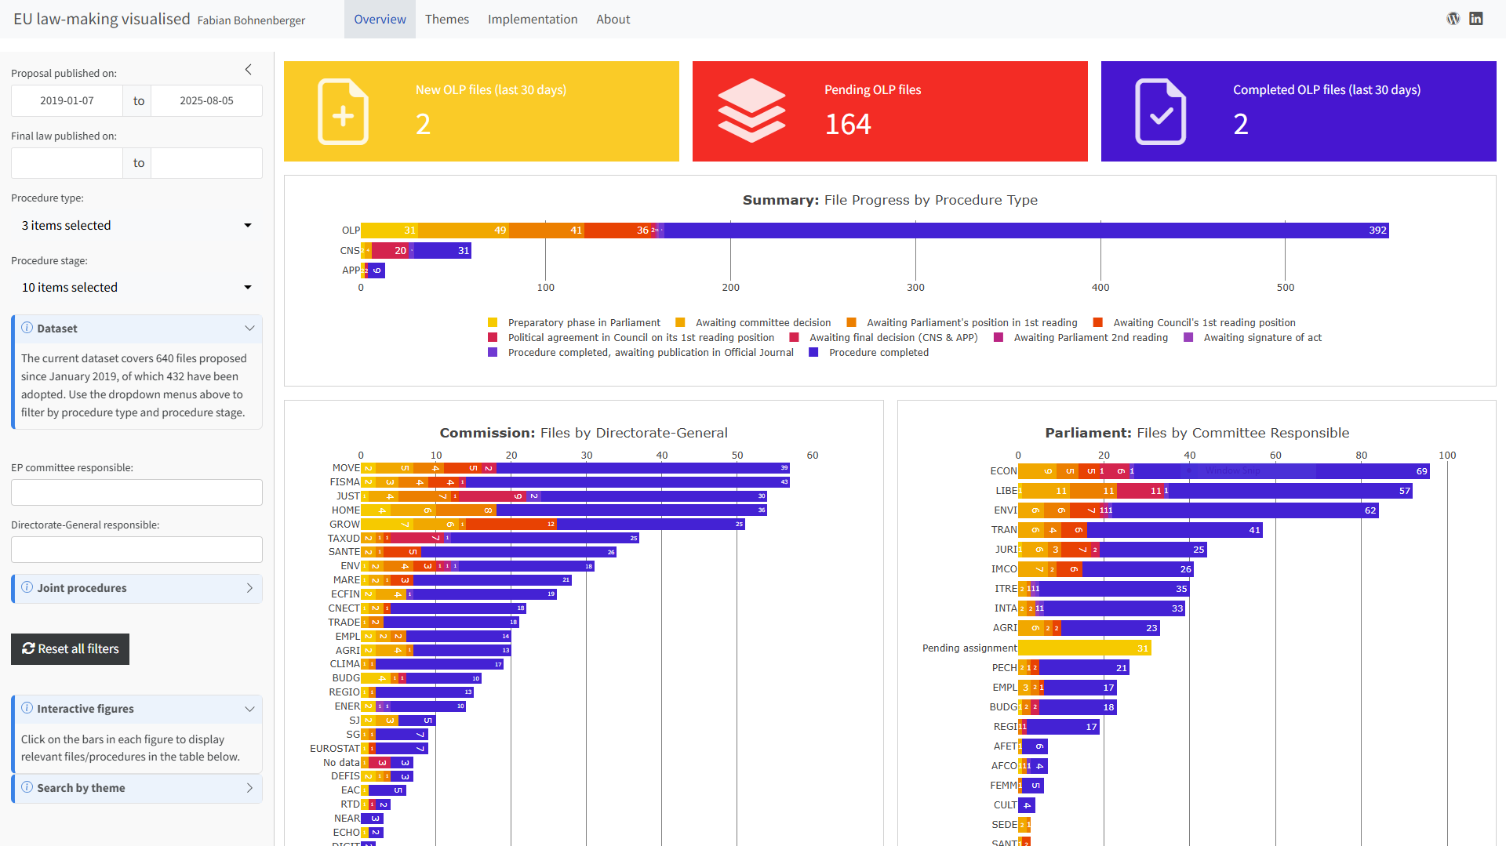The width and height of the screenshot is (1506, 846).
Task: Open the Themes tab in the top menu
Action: [446, 19]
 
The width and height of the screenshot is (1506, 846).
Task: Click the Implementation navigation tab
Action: [532, 19]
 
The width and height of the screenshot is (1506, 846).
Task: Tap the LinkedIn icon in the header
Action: [1475, 19]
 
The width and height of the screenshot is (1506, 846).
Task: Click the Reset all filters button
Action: [71, 649]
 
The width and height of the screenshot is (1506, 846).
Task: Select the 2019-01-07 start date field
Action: [67, 101]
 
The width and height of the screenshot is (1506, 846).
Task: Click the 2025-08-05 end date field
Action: [206, 101]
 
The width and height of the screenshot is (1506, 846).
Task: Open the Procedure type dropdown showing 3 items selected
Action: [136, 226]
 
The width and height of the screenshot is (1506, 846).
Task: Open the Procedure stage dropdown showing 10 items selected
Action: [136, 288]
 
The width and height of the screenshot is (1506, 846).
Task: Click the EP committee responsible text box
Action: [136, 492]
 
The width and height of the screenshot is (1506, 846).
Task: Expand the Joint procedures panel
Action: [136, 588]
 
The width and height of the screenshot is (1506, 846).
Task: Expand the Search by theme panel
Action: [136, 788]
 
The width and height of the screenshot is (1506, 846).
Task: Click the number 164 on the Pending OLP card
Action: [847, 125]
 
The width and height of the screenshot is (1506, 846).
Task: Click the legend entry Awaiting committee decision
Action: [762, 323]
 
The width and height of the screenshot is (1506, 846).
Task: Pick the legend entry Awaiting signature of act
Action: [1261, 338]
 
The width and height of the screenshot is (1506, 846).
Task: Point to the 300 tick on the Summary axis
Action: [915, 288]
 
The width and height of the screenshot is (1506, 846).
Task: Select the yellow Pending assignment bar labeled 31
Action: [1084, 648]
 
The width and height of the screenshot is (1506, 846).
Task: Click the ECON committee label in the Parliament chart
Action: [1003, 471]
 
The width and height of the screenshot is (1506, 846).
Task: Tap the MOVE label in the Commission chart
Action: [346, 468]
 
